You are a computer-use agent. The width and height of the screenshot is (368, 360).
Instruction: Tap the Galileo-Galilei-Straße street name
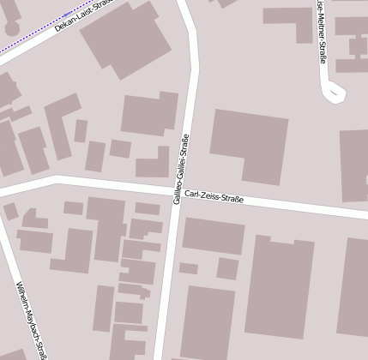[179, 168]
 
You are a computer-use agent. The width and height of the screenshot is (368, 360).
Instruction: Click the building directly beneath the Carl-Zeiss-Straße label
[213, 236]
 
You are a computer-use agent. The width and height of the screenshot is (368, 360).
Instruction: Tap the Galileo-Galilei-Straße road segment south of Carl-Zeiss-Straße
[168, 283]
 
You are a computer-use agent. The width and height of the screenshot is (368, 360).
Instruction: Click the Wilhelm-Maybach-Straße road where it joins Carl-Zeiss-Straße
[5, 191]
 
